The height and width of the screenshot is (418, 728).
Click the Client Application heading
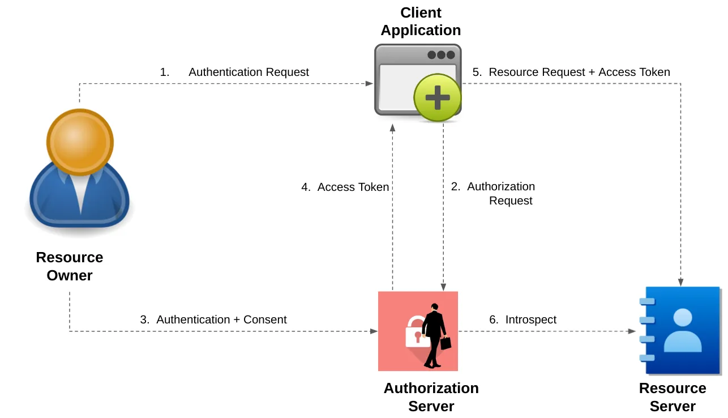(421, 22)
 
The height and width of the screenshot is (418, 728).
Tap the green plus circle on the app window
(438, 97)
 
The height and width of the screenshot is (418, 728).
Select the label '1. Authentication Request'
(234, 72)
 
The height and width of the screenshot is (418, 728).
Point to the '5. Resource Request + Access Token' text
(571, 72)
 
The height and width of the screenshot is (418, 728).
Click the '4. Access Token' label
(345, 187)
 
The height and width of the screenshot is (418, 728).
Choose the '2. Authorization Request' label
(493, 194)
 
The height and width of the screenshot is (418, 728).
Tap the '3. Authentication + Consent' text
(213, 319)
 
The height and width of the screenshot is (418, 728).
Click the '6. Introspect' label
(523, 319)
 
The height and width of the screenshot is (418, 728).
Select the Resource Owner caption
(70, 266)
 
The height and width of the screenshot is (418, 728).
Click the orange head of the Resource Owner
(80, 142)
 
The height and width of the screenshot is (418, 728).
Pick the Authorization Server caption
(431, 397)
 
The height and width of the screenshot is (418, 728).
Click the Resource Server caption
(673, 397)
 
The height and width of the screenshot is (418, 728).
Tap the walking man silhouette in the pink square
(434, 336)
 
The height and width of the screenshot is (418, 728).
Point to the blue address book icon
(680, 331)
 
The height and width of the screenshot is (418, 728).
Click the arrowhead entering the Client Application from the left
(369, 84)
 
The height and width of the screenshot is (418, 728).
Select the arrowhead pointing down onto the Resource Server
(680, 282)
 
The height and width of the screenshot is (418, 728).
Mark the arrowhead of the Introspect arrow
(632, 331)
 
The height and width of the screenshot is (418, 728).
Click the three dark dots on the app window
(441, 55)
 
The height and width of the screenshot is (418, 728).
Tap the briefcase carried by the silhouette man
(446, 343)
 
